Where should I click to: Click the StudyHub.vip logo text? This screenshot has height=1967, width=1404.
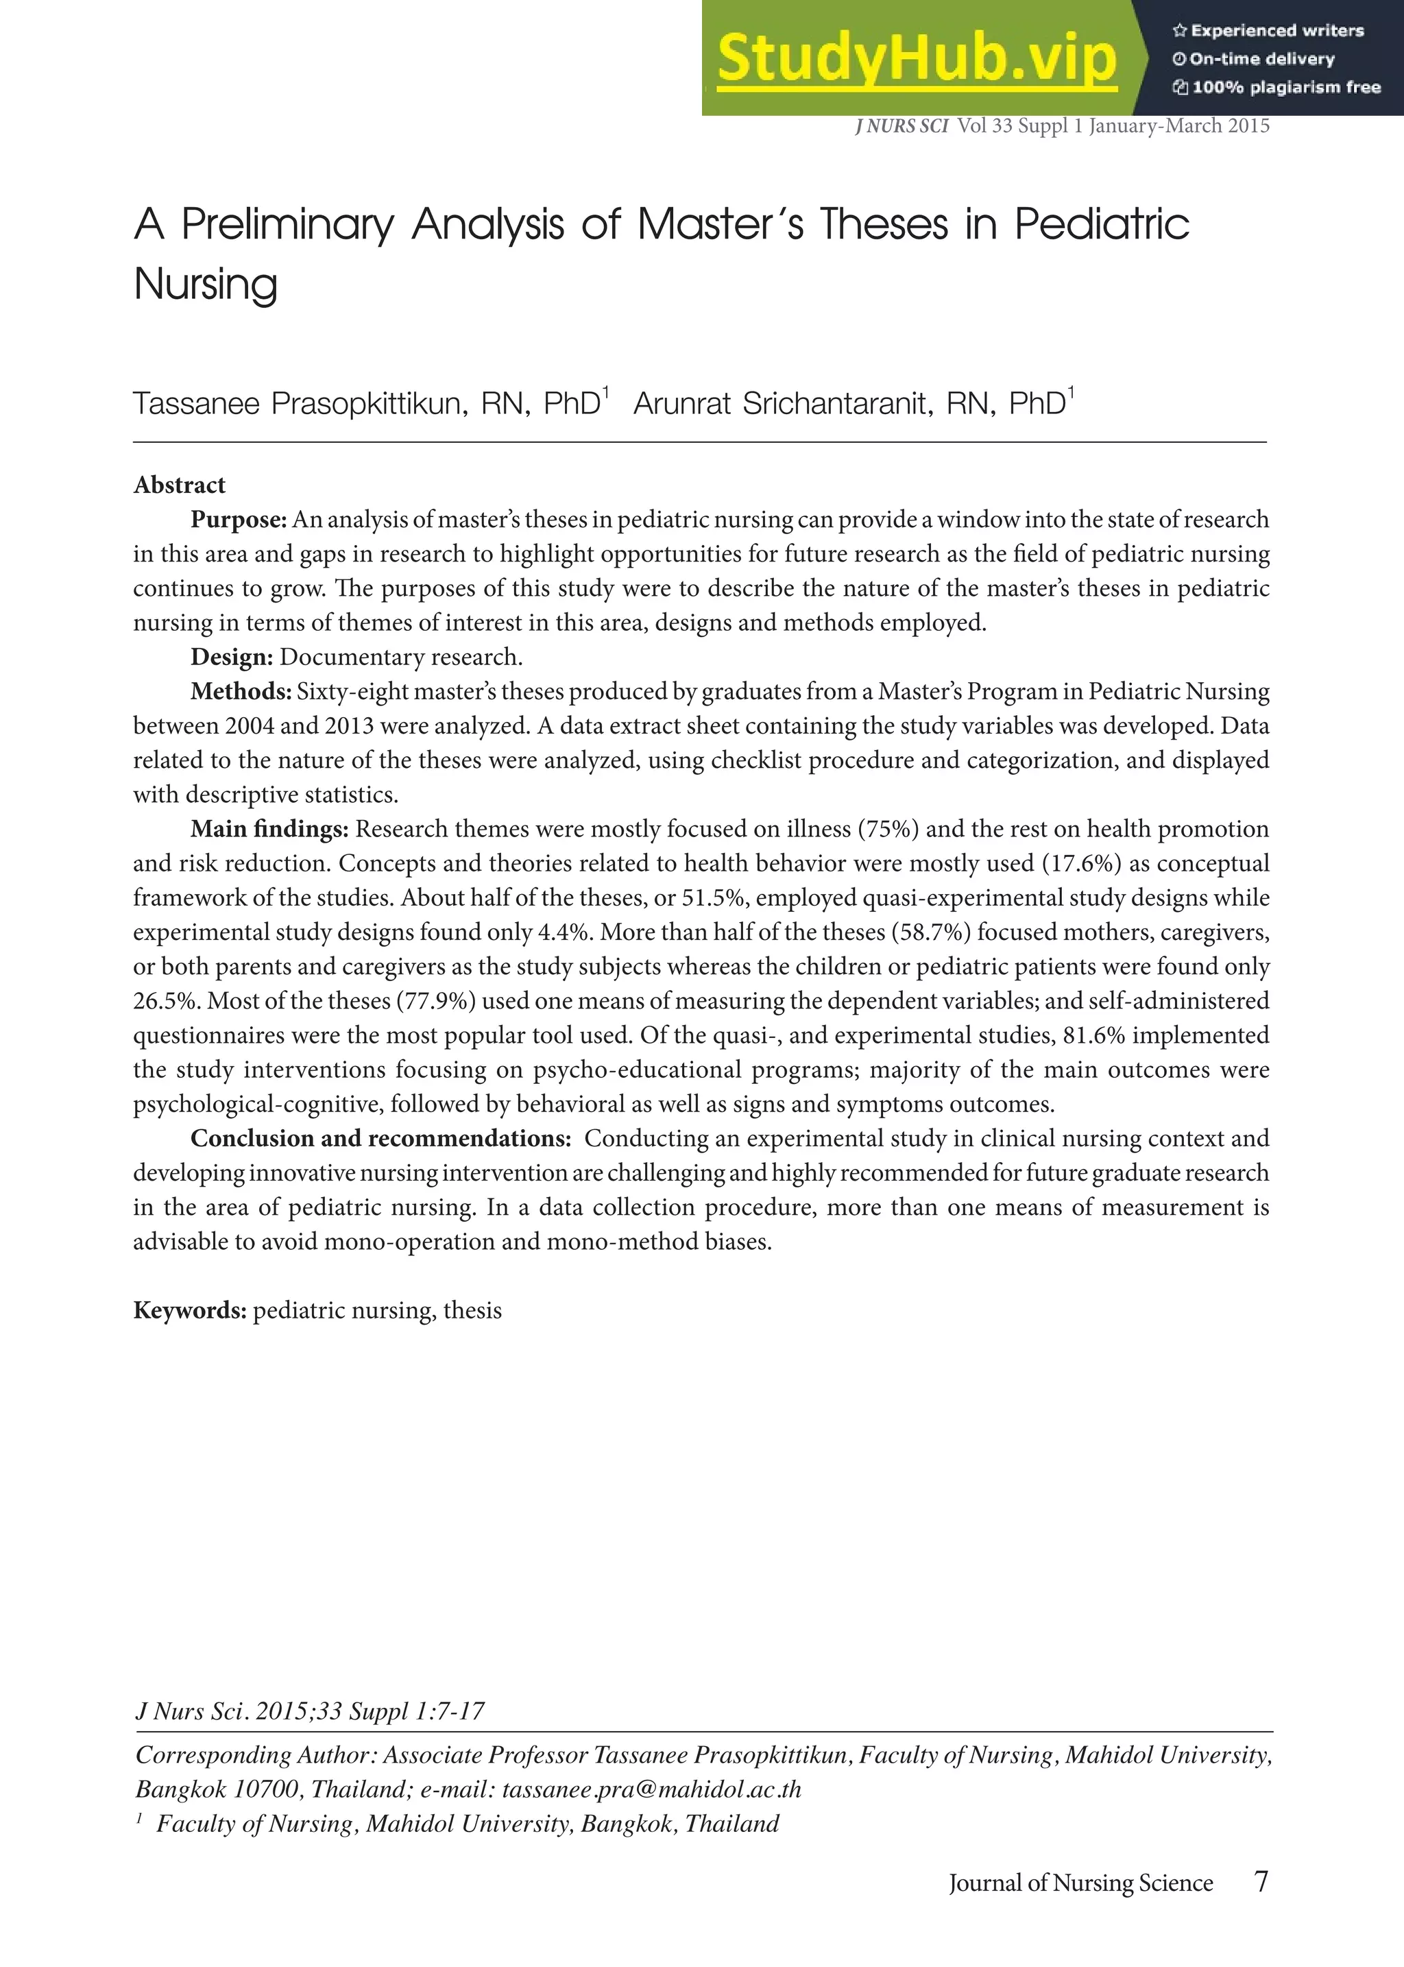click(917, 59)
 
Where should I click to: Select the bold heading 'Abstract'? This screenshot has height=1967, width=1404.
click(179, 485)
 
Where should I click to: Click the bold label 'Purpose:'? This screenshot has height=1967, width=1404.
click(239, 520)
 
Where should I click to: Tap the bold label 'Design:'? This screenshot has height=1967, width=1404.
click(232, 657)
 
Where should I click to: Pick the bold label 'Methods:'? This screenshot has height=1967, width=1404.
click(241, 692)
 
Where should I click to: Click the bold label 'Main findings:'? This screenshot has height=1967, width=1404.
click(269, 829)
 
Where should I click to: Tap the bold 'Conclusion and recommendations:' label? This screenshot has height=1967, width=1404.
click(380, 1138)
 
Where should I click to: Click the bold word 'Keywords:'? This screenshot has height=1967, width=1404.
click(190, 1310)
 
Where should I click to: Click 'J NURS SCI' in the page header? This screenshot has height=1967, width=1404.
click(901, 126)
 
